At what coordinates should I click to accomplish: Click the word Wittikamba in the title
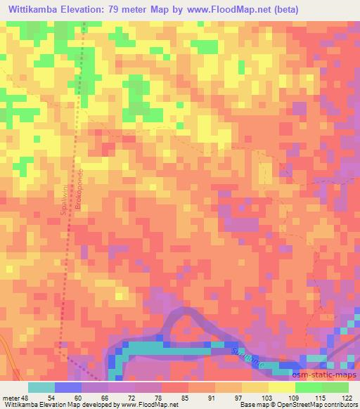click(x=37, y=10)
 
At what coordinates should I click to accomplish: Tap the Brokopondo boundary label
click(x=81, y=191)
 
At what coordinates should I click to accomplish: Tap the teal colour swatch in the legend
click(x=41, y=387)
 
